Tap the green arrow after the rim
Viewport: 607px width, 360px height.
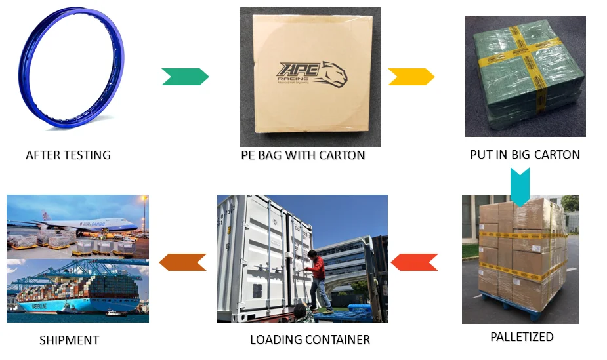[185, 77]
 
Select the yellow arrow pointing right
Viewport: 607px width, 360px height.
[411, 77]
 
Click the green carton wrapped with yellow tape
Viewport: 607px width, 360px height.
[525, 75]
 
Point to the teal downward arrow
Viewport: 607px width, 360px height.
[520, 186]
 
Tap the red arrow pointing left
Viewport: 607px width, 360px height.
[415, 262]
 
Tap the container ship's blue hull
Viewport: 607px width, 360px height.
[59, 306]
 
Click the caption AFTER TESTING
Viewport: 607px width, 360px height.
[68, 155]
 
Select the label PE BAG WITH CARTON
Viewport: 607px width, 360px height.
[303, 155]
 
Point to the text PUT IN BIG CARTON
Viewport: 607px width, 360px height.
[525, 155]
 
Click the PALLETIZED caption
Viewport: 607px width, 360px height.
[522, 337]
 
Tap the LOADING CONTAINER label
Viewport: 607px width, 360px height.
[310, 340]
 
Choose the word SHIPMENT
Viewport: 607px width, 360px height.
[69, 340]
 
